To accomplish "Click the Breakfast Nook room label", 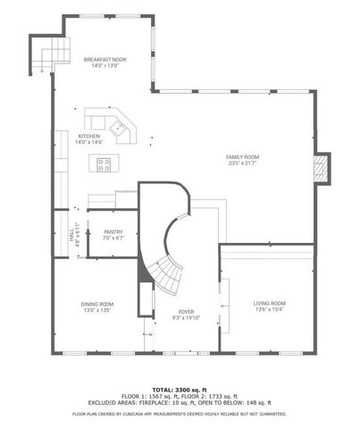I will (x=105, y=60).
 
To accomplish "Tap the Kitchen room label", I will (x=89, y=136).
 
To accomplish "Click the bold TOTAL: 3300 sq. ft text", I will (x=180, y=391).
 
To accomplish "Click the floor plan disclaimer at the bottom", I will (x=180, y=415).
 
